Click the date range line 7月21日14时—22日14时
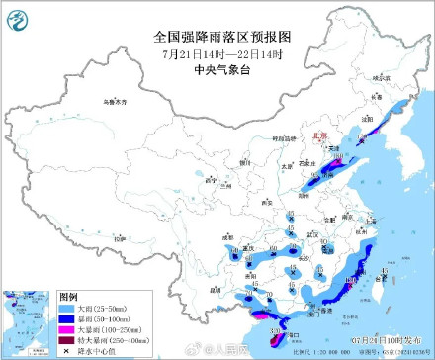click(x=217, y=52)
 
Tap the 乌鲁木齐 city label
click(x=117, y=102)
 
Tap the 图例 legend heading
click(x=69, y=296)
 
